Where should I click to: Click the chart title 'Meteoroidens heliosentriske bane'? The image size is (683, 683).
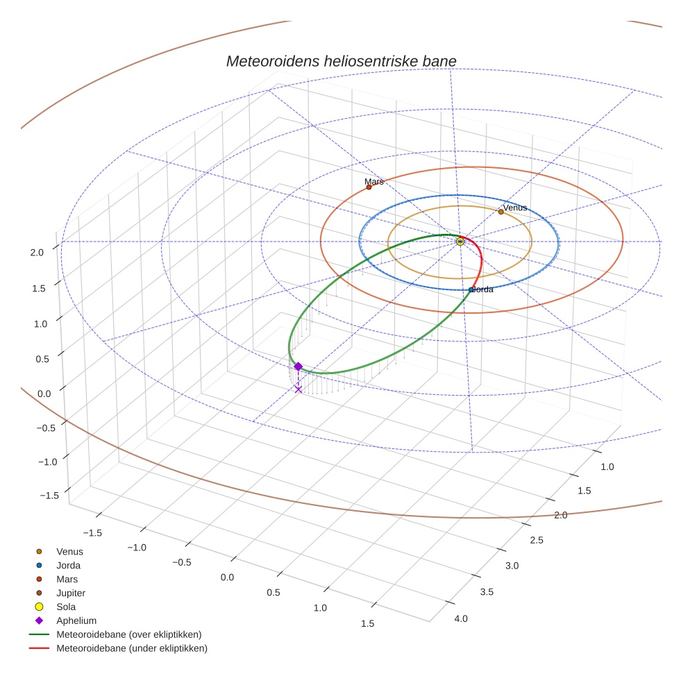341,62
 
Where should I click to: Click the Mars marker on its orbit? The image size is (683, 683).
369,187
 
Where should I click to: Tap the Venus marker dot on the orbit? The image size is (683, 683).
500,212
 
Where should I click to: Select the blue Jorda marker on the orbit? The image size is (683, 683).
471,289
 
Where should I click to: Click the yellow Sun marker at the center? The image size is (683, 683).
460,241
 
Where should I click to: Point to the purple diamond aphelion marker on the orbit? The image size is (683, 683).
298,366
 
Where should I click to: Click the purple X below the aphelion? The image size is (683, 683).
298,389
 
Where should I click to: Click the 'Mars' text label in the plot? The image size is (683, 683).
373,181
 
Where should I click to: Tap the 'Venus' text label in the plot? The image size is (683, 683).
515,208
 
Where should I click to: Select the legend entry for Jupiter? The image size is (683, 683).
70,593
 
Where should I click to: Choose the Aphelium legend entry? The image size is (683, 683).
76,621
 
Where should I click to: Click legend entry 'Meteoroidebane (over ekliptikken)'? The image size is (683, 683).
128,634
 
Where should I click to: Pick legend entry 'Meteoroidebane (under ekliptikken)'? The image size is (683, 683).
131,648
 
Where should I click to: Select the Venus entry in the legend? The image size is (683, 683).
69,552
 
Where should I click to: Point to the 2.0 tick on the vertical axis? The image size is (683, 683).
37,253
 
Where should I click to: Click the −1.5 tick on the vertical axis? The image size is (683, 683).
49,495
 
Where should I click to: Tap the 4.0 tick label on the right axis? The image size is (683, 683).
461,618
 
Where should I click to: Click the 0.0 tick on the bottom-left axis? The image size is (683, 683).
227,577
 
